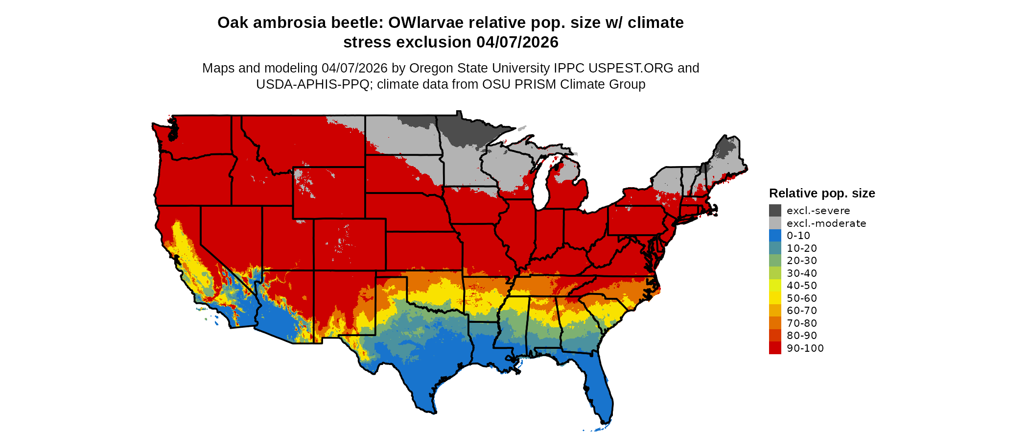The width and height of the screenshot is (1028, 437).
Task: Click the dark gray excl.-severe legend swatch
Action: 775,211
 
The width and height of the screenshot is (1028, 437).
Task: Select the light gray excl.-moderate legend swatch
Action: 775,223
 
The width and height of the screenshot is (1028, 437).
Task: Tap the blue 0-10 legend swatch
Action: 775,236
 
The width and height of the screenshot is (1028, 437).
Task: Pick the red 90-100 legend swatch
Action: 775,348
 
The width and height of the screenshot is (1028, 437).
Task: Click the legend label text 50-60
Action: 802,298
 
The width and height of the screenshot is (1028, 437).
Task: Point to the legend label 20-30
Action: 802,261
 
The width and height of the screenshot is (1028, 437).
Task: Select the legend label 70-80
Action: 802,323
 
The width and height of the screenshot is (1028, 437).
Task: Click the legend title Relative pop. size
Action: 822,193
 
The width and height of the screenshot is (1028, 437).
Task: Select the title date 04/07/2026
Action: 517,42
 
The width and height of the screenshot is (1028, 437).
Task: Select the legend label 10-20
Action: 802,248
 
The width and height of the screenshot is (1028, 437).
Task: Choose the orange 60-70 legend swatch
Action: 775,311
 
